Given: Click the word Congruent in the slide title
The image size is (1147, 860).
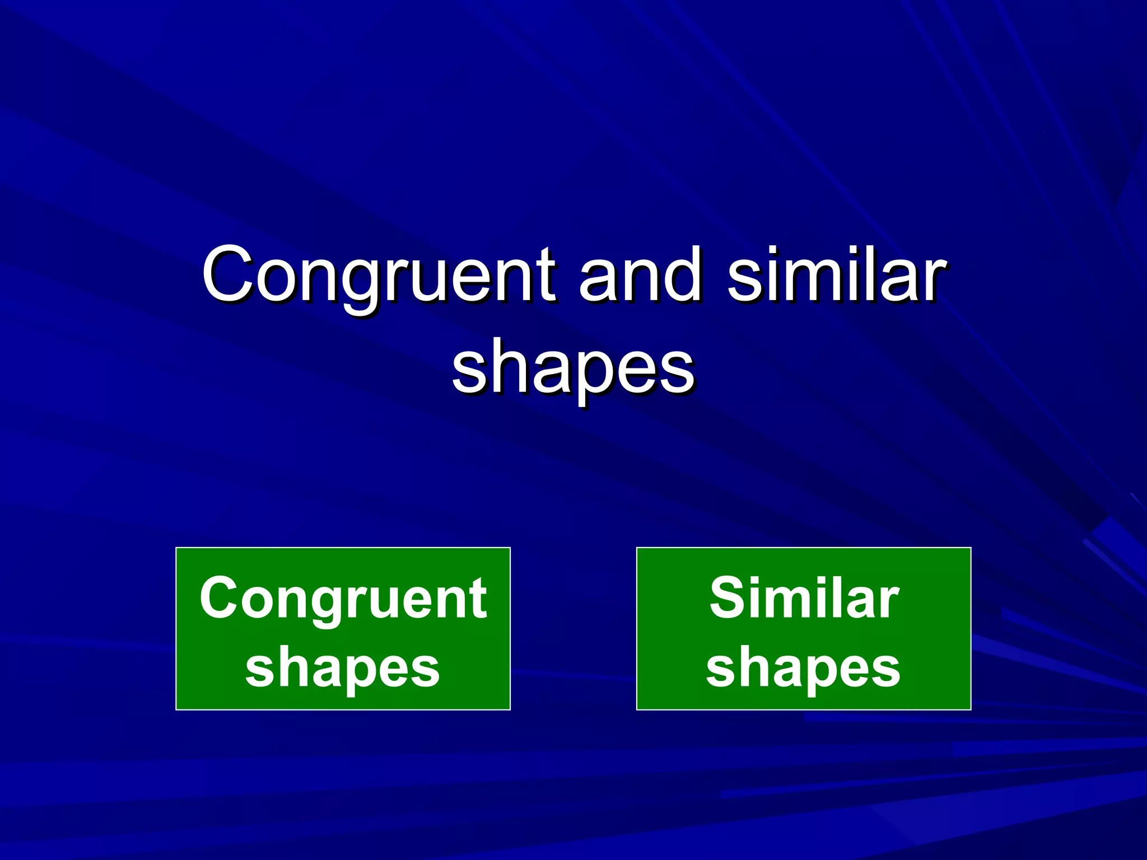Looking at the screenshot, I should pyautogui.click(x=379, y=275).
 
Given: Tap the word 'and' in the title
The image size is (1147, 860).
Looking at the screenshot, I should pyautogui.click(x=640, y=275).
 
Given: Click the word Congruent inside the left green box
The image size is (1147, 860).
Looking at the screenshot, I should pyautogui.click(x=343, y=599).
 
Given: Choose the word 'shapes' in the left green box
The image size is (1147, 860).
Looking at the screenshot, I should pyautogui.click(x=343, y=669).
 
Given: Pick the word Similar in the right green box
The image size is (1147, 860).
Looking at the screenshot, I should pyautogui.click(x=804, y=598).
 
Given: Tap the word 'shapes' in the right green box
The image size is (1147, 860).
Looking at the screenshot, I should pyautogui.click(x=803, y=669).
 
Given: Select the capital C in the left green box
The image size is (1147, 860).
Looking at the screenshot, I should pyautogui.click(x=220, y=599).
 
